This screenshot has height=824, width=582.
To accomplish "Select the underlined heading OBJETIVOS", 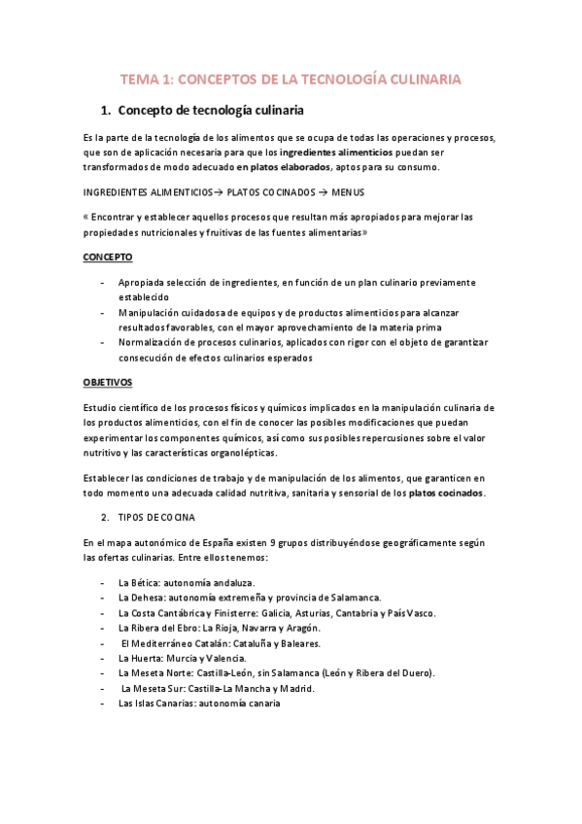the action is [108, 382].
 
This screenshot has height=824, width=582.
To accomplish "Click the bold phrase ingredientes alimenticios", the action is [336, 153].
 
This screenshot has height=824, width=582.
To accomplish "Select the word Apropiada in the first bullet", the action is [146, 282].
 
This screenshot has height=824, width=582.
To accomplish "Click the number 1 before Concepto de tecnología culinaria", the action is [106, 110].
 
